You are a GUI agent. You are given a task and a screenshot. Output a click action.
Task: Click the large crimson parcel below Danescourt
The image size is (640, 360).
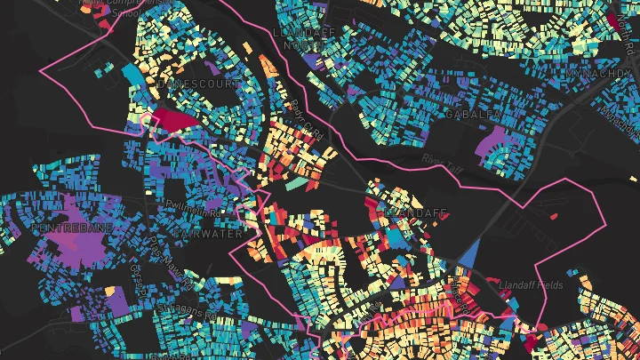click(177, 121)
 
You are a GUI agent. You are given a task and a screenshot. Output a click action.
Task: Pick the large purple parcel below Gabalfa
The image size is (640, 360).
click(494, 142)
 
